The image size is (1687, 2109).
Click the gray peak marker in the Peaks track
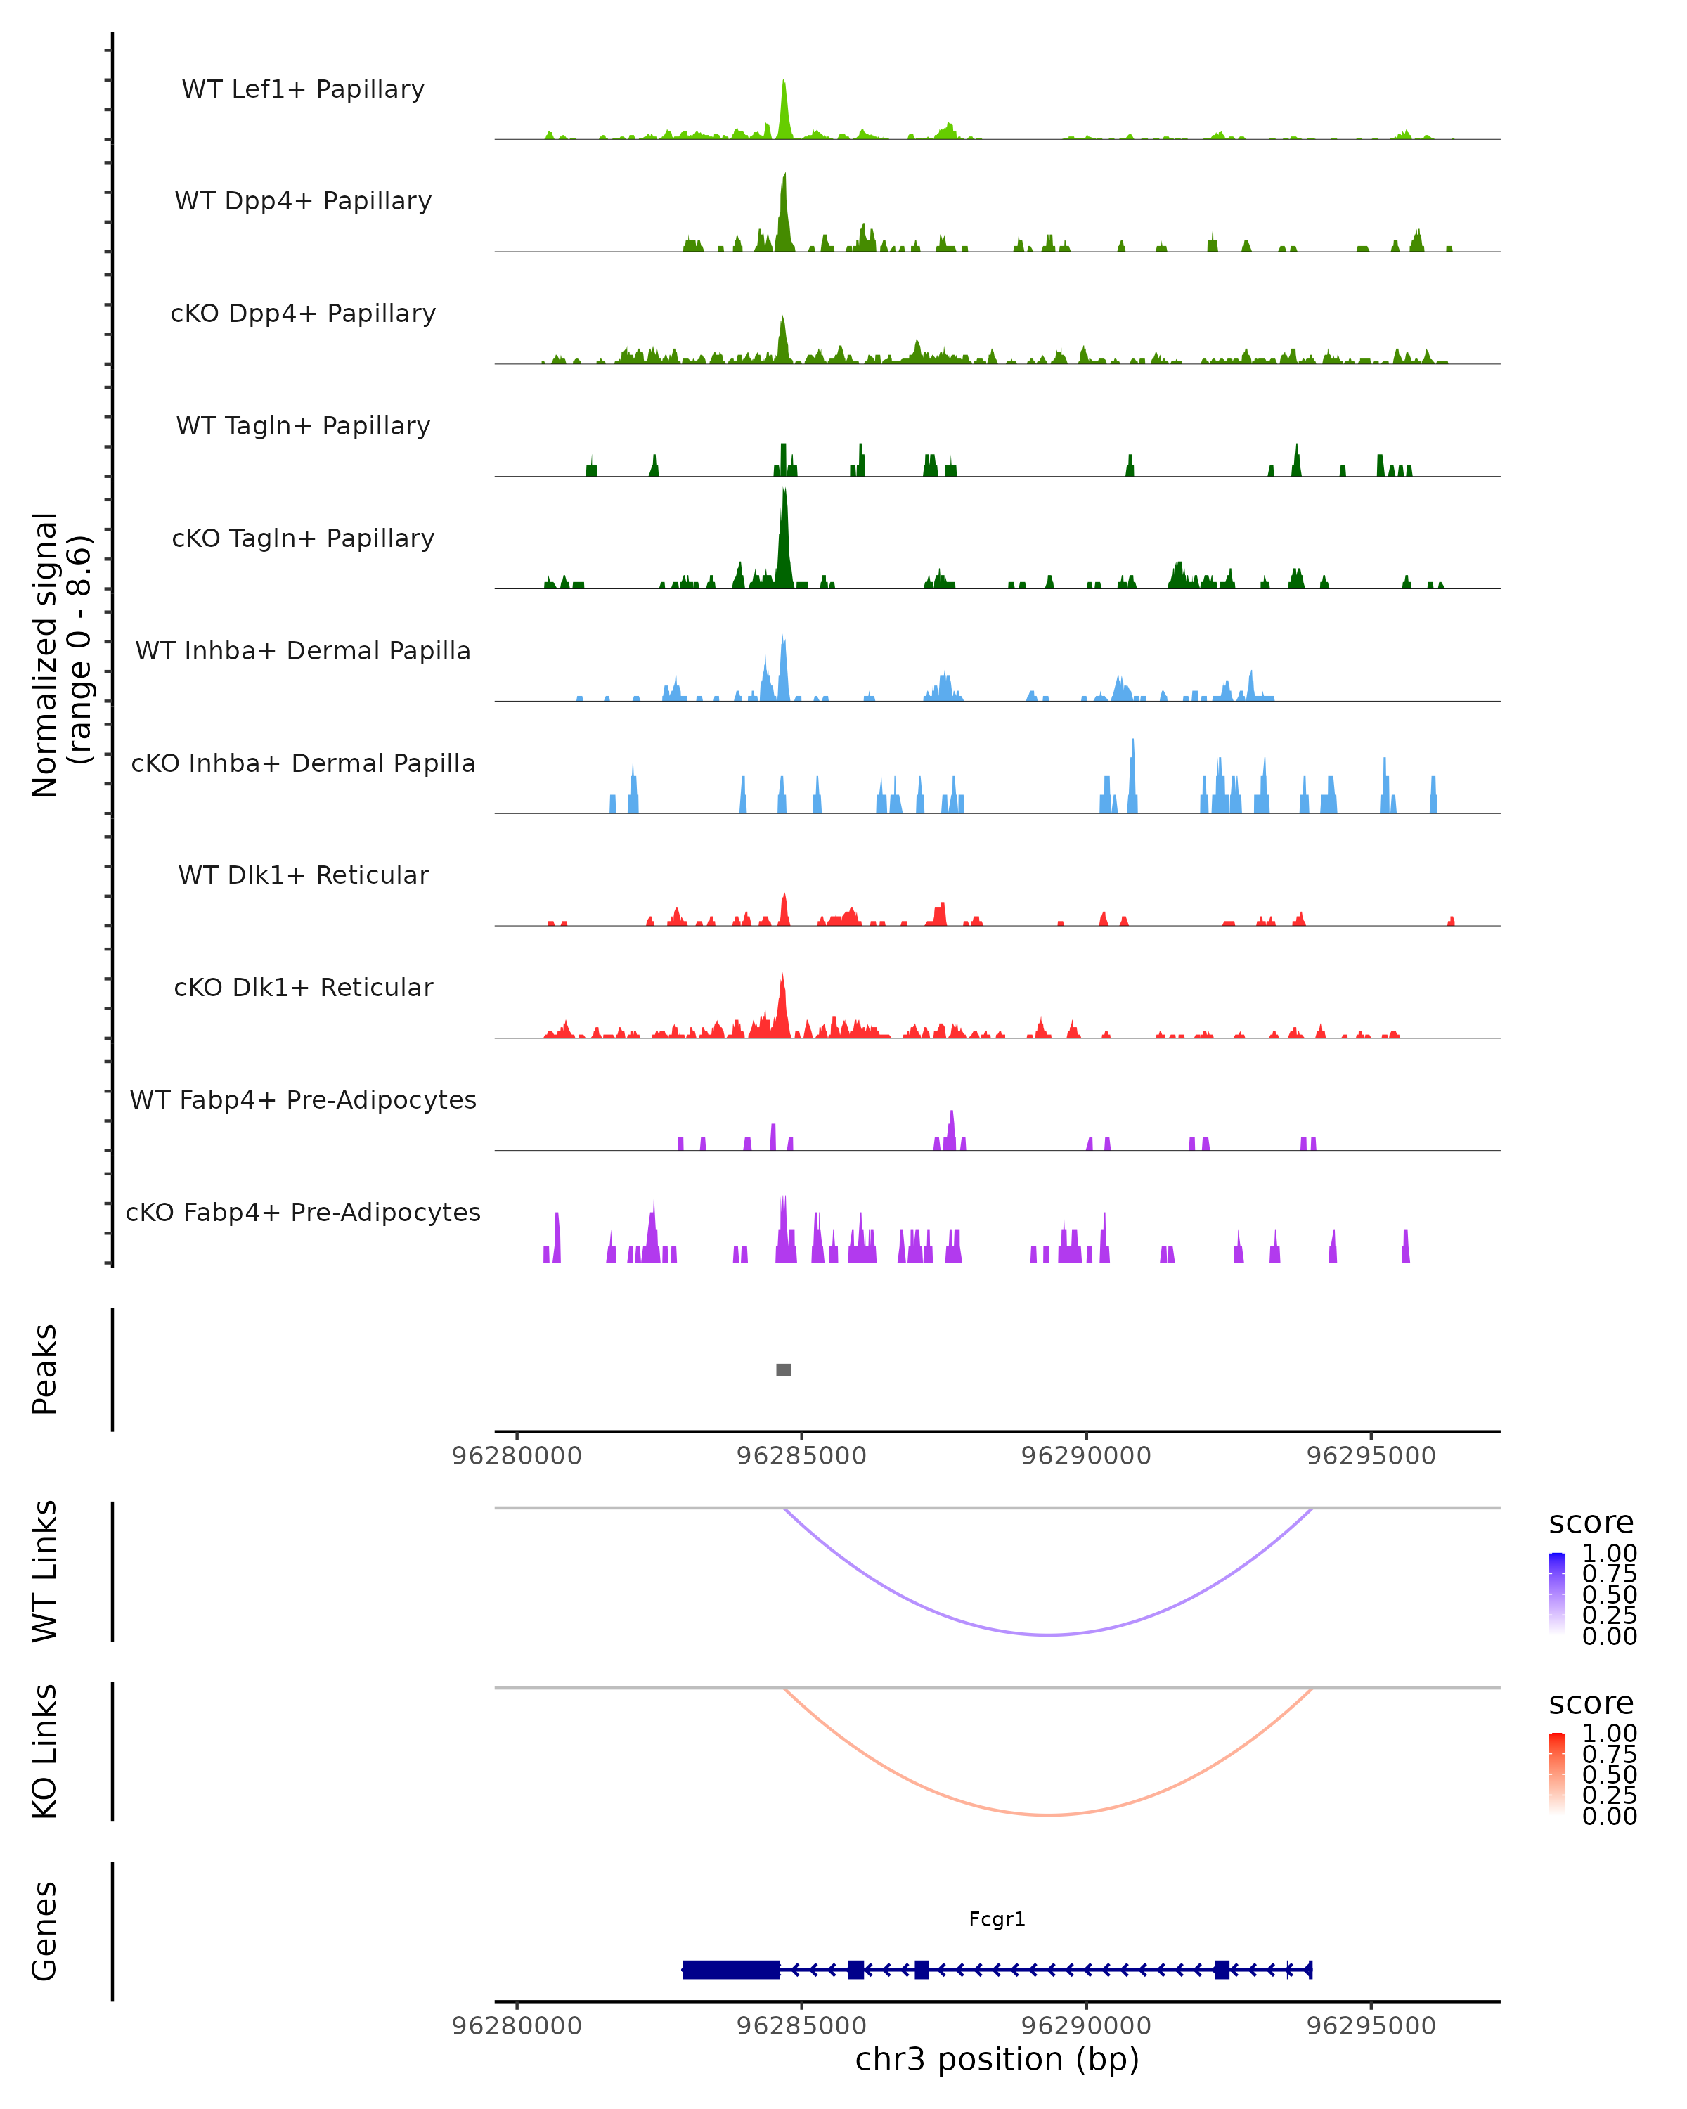click(783, 1369)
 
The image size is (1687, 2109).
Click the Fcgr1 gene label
click(997, 1919)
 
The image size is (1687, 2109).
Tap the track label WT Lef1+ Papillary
click(303, 89)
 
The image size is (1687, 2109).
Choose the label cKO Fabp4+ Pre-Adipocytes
click(303, 1212)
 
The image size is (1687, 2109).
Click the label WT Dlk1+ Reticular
click(303, 875)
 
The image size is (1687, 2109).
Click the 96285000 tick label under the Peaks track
click(801, 1456)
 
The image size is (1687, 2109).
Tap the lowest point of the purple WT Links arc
click(1047, 1634)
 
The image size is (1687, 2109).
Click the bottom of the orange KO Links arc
click(1047, 1814)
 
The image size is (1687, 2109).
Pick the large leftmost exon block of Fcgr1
click(730, 1969)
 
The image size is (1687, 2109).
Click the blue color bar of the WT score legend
click(1557, 1594)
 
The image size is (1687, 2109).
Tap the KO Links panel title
click(45, 1751)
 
